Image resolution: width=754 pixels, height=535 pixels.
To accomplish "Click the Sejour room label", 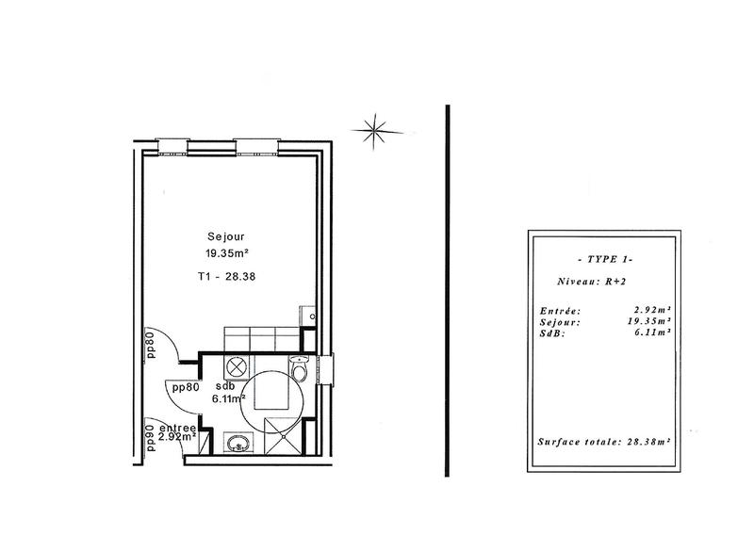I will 226,235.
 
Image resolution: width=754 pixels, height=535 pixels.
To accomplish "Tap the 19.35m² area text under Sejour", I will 226,252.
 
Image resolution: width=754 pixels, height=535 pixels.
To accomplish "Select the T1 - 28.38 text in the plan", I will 226,278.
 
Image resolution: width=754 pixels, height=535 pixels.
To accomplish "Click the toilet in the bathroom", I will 300,371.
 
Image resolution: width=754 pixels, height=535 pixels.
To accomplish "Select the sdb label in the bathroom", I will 224,387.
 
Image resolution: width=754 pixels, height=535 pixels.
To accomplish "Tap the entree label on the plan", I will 178,427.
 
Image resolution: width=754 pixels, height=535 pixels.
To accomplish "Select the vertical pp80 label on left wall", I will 150,346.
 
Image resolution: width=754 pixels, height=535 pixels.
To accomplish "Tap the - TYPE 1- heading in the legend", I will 603,258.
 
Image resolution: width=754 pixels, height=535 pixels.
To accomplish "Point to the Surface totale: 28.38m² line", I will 603,441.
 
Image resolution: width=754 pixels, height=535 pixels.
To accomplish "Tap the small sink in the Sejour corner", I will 306,316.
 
